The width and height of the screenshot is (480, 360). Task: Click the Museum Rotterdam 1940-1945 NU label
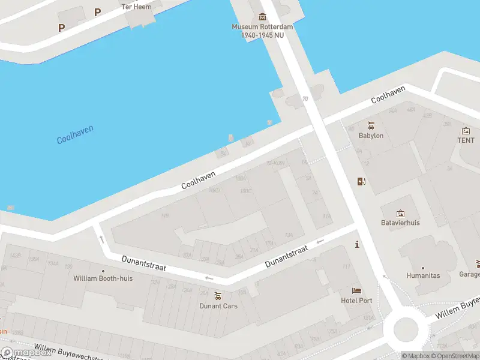coord(262,31)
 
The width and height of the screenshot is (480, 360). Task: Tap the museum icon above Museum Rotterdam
coord(262,17)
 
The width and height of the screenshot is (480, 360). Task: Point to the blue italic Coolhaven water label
coord(75,135)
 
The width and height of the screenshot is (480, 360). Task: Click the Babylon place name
coord(371,136)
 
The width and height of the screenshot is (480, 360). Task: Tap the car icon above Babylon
coord(371,125)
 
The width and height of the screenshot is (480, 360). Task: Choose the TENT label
coord(466,140)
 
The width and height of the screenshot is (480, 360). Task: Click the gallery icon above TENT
coord(466,130)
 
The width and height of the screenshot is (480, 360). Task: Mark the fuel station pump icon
coord(361,182)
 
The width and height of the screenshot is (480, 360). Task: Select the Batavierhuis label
coord(400,223)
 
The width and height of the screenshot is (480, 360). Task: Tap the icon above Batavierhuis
coord(400,213)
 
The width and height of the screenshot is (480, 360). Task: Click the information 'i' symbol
coord(358,244)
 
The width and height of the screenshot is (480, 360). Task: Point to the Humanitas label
coord(423,276)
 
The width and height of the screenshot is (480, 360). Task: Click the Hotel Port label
coord(357,301)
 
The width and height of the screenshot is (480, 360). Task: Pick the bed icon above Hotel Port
coord(357,291)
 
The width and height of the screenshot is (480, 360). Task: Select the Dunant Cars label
coord(218,306)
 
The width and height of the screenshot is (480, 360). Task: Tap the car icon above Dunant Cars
coord(218,296)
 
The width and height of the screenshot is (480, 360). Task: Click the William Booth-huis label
coord(103,278)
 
